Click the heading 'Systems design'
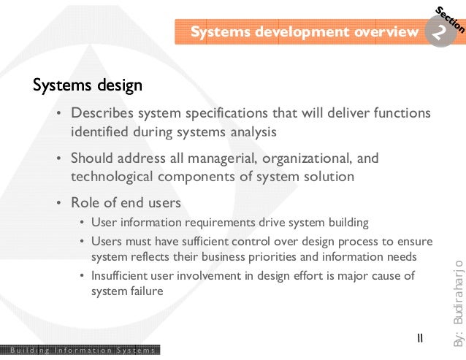(x=87, y=86)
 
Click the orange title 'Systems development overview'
(x=304, y=32)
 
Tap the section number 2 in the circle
(x=439, y=32)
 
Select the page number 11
(x=419, y=338)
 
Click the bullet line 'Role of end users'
(x=126, y=203)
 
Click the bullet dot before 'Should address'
(x=58, y=159)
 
